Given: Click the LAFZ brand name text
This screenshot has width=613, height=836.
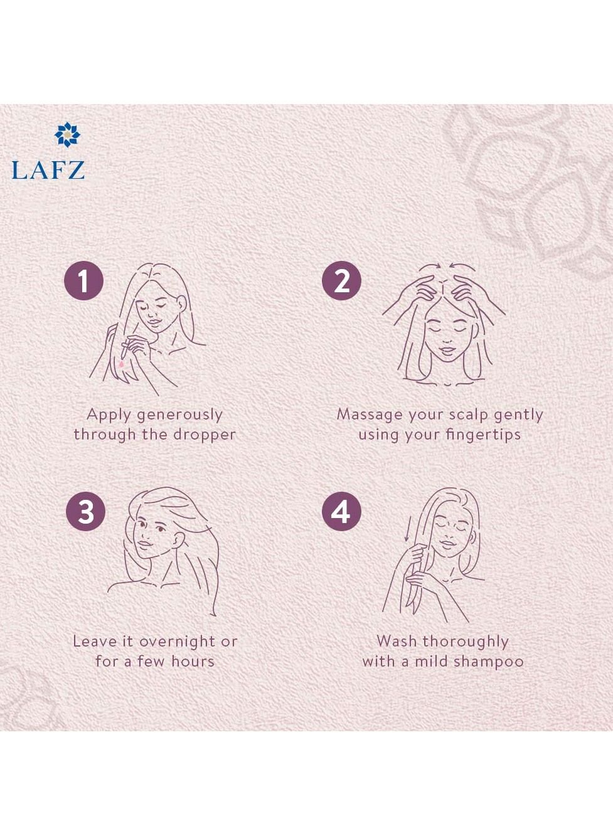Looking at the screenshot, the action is (x=48, y=170).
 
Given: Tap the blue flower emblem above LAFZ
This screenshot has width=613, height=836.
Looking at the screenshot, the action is (x=67, y=134).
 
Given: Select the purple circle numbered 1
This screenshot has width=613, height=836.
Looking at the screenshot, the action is (x=84, y=281).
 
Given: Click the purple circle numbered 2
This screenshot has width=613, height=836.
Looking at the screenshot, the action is (x=341, y=281).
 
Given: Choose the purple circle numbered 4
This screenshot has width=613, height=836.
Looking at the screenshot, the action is (x=341, y=511).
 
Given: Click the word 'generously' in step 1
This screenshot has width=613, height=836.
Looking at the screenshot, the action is (x=180, y=416).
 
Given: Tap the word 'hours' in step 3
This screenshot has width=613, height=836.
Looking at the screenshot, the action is (x=193, y=662).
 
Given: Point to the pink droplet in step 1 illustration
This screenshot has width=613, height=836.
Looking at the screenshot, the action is (x=121, y=363).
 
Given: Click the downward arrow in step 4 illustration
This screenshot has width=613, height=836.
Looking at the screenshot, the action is (x=406, y=528).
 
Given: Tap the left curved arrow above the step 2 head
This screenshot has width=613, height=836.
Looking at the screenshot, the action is (x=429, y=267).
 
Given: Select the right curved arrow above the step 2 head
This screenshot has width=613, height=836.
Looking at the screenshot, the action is (x=462, y=267).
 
